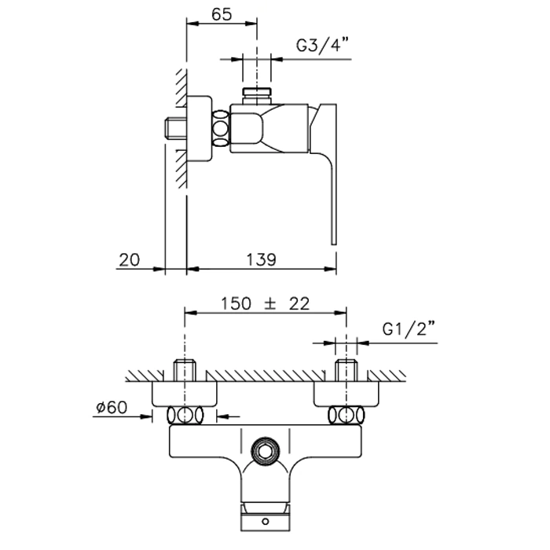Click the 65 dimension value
(222, 14)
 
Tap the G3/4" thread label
(323, 45)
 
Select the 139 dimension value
(261, 259)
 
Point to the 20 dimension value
(129, 259)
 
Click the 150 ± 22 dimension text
(266, 304)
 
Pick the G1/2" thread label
(409, 329)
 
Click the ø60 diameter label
(112, 407)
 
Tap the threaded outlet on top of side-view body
(257, 96)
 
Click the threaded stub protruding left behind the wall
(175, 129)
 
